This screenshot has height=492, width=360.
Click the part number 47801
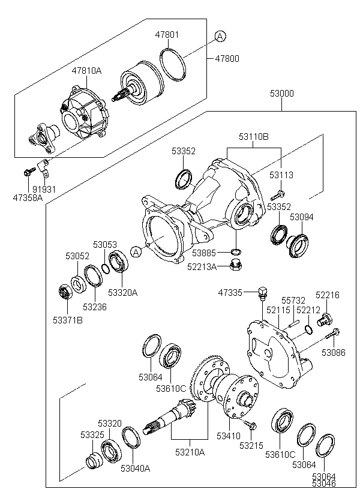[x=167, y=35]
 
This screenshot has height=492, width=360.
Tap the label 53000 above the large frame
[x=282, y=94]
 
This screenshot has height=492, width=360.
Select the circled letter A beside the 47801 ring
[x=220, y=37]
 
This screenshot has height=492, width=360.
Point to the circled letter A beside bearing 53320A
[x=136, y=252]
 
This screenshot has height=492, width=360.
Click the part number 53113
[x=281, y=175]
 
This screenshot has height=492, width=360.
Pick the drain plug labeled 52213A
[x=236, y=265]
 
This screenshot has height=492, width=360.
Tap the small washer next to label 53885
[x=236, y=251]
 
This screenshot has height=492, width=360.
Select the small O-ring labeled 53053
[x=106, y=268]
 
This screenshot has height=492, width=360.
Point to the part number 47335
[x=230, y=293]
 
